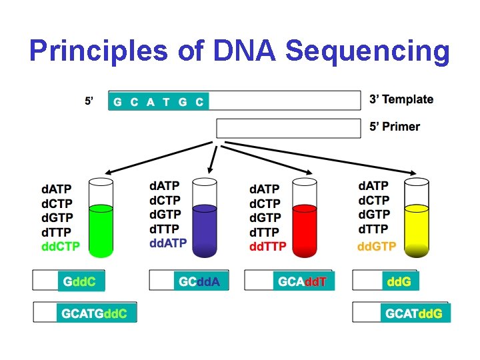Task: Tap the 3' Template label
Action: tap(401, 100)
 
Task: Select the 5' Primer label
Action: tap(395, 127)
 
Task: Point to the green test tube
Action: tap(101, 220)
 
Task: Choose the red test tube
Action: tap(304, 220)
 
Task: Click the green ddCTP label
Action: tap(61, 246)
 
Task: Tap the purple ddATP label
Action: tap(168, 243)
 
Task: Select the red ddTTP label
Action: tap(268, 246)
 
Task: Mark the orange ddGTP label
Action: tap(377, 246)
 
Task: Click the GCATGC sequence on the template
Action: tap(159, 101)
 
